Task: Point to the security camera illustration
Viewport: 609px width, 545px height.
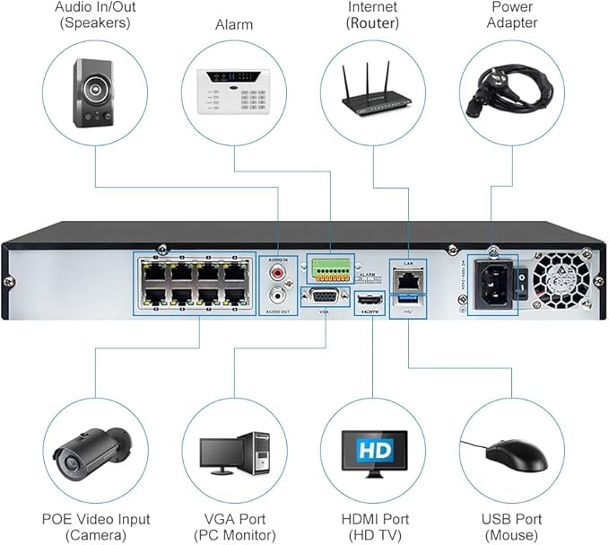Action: (90, 449)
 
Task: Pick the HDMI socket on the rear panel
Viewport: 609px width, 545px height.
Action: (368, 297)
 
